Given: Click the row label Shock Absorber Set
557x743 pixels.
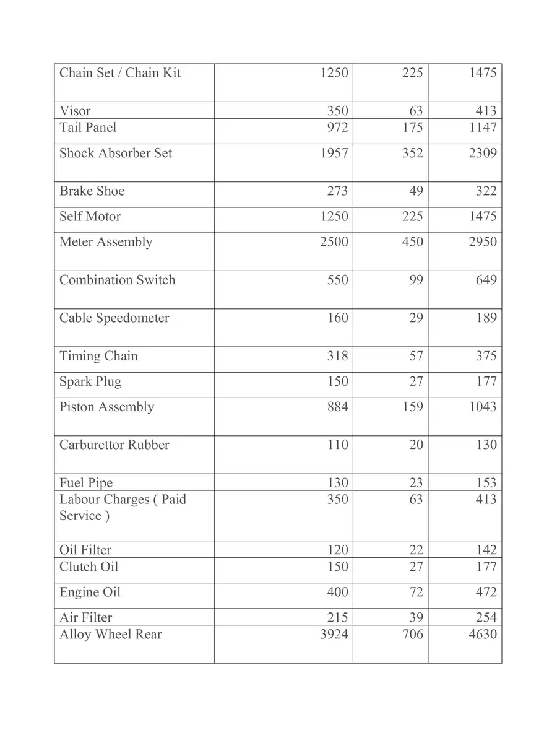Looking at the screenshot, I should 116,154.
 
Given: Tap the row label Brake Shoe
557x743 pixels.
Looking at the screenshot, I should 92,191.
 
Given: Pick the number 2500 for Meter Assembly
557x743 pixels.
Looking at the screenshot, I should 334,242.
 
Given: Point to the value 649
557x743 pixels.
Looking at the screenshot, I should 486,280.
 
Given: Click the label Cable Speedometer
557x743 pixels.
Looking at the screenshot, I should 114,318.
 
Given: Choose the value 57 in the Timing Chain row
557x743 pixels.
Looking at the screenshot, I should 416,356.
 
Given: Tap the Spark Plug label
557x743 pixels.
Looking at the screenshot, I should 90,381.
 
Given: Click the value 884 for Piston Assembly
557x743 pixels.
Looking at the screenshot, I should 337,407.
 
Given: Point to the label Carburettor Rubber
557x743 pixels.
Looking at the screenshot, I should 114,445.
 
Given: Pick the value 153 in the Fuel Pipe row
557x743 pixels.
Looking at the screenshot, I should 486,483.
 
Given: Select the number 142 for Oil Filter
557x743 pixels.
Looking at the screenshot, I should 486,550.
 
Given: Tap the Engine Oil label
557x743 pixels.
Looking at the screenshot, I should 90,593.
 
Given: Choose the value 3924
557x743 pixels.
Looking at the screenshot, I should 334,635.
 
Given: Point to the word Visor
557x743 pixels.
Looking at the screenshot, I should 75,111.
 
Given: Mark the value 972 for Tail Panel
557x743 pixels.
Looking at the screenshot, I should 337,128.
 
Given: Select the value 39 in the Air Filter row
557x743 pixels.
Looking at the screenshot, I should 416,617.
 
